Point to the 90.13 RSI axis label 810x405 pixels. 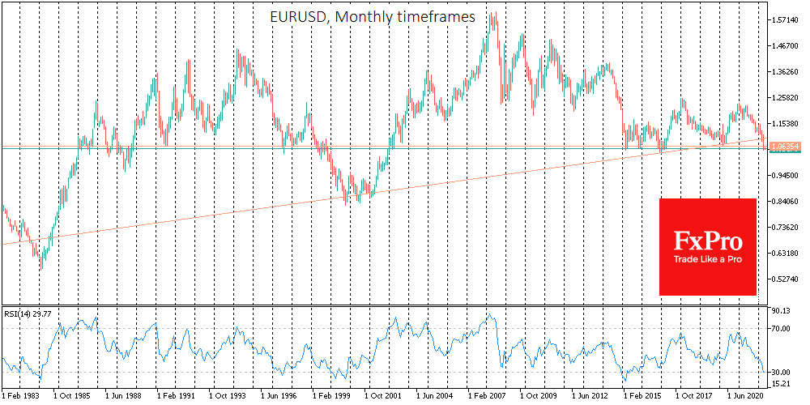coord(782,311)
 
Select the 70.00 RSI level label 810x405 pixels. coord(782,328)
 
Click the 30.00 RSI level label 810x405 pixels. coord(782,372)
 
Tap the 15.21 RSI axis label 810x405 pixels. coord(782,384)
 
